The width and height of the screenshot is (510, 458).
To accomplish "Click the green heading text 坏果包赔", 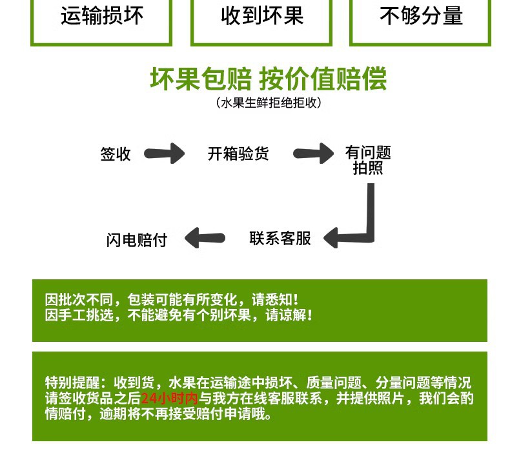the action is (x=201, y=79).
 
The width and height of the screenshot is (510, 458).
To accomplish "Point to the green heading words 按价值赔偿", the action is (x=323, y=79).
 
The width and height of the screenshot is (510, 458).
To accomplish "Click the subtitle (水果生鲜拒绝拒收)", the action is (x=269, y=103).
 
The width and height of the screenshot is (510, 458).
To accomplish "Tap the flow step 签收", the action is (x=116, y=154).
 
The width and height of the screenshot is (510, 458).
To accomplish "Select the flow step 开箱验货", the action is (x=238, y=154).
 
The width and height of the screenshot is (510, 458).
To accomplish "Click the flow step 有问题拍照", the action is (x=368, y=160).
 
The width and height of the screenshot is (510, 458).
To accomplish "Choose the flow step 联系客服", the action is (x=280, y=238).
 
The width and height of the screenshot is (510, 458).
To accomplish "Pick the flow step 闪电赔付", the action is (x=137, y=240).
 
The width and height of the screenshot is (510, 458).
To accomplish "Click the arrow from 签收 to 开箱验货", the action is (x=164, y=154).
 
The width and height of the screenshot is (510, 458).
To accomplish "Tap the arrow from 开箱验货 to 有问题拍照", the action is (x=313, y=154).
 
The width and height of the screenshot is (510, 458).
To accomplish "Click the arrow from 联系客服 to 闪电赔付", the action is (x=205, y=238).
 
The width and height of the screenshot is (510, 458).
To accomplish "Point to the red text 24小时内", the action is (x=169, y=398).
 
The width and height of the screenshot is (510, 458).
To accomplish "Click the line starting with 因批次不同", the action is (x=172, y=299).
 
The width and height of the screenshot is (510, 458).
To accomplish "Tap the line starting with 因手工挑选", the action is (x=179, y=315).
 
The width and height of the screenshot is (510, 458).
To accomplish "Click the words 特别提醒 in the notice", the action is (x=72, y=383).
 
